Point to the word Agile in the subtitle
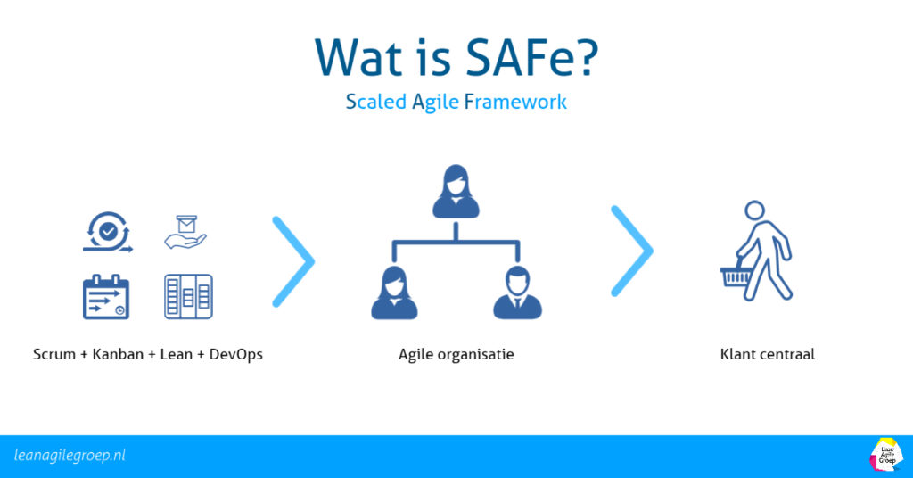(435, 102)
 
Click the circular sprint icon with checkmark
(107, 231)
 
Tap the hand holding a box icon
(185, 232)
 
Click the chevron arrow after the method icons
(293, 257)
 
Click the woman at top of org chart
(456, 191)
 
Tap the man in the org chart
(518, 293)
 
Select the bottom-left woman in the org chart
(395, 293)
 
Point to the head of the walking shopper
(754, 210)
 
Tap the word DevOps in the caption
(235, 355)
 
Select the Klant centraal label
(767, 355)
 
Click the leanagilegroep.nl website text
(70, 455)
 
